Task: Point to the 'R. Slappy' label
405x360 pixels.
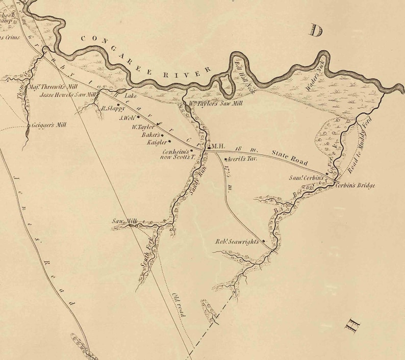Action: click(x=113, y=108)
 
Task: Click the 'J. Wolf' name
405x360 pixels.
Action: click(x=126, y=118)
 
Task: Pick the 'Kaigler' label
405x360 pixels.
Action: click(x=157, y=143)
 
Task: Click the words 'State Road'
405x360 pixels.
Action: click(x=290, y=158)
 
